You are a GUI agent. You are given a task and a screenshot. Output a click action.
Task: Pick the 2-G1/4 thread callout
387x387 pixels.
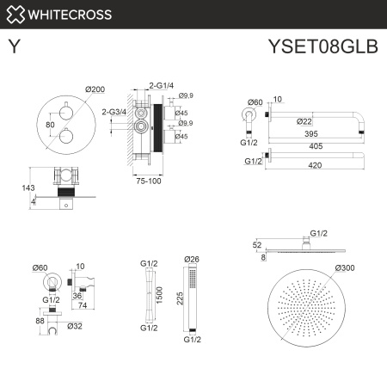(x=162, y=86)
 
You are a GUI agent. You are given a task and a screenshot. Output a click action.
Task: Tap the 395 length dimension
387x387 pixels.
(x=322, y=134)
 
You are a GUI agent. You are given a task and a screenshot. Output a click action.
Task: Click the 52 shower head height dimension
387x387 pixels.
(x=258, y=244)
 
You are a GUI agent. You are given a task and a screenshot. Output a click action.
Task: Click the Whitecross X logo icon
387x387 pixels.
(x=15, y=15)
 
